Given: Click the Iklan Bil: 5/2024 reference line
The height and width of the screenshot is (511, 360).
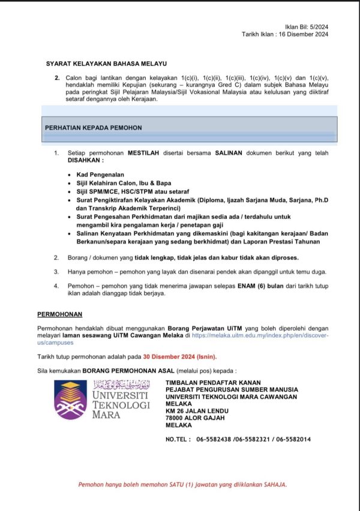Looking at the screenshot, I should tap(307, 27).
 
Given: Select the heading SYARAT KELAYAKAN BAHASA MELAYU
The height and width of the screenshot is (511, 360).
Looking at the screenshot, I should tap(106, 63).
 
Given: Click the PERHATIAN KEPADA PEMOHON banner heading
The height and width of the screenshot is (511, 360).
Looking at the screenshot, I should tap(94, 128).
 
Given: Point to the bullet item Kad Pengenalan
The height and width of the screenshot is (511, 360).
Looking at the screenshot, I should tap(101, 174).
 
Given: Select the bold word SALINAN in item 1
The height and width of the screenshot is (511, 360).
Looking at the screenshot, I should tap(229, 153).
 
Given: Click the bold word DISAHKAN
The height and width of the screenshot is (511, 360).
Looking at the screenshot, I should tap(85, 161).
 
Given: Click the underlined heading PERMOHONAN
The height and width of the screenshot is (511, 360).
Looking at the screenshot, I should tap(60, 314).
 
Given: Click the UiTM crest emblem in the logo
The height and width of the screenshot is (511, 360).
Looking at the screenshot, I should tap(70, 398).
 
